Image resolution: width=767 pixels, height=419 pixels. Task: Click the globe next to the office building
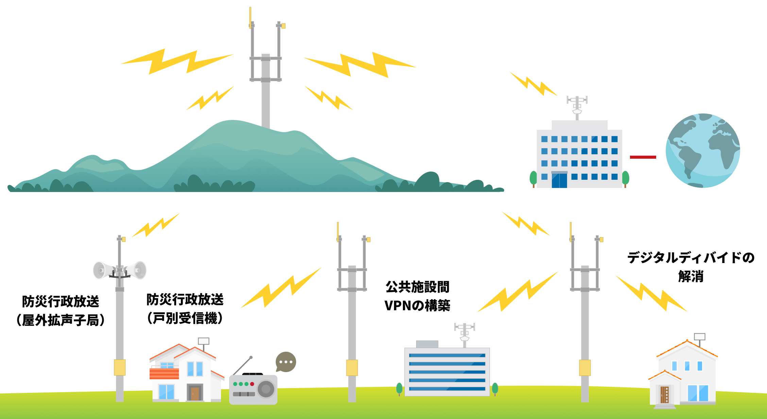pyautogui.click(x=702, y=151)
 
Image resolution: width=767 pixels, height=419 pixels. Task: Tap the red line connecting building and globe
pyautogui.click(x=643, y=157)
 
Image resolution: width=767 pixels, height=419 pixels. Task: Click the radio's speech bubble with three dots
pyautogui.click(x=286, y=362)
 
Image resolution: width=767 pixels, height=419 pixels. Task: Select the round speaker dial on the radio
pyautogui.click(x=266, y=389)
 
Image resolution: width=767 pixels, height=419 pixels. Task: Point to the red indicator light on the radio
pyautogui.click(x=252, y=384)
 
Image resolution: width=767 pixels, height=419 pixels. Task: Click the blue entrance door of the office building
pyautogui.click(x=559, y=180)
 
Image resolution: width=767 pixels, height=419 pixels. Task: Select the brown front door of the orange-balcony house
pyautogui.click(x=195, y=393)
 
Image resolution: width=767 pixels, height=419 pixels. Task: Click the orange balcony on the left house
pyautogui.click(x=164, y=373)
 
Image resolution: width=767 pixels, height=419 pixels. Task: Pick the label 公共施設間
pyautogui.click(x=417, y=287)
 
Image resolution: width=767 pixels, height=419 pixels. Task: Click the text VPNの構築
pyautogui.click(x=417, y=305)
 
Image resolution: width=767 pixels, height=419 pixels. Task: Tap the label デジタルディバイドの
pyautogui.click(x=691, y=258)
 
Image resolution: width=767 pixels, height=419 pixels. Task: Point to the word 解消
pyautogui.click(x=691, y=276)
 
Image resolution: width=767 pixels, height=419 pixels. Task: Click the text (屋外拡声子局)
pyautogui.click(x=61, y=320)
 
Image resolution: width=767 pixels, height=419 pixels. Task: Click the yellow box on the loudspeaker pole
pyautogui.click(x=120, y=367)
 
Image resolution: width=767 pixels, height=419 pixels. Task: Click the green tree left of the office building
pyautogui.click(x=533, y=178)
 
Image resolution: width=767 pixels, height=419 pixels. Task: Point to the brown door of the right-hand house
pyautogui.click(x=664, y=394)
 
